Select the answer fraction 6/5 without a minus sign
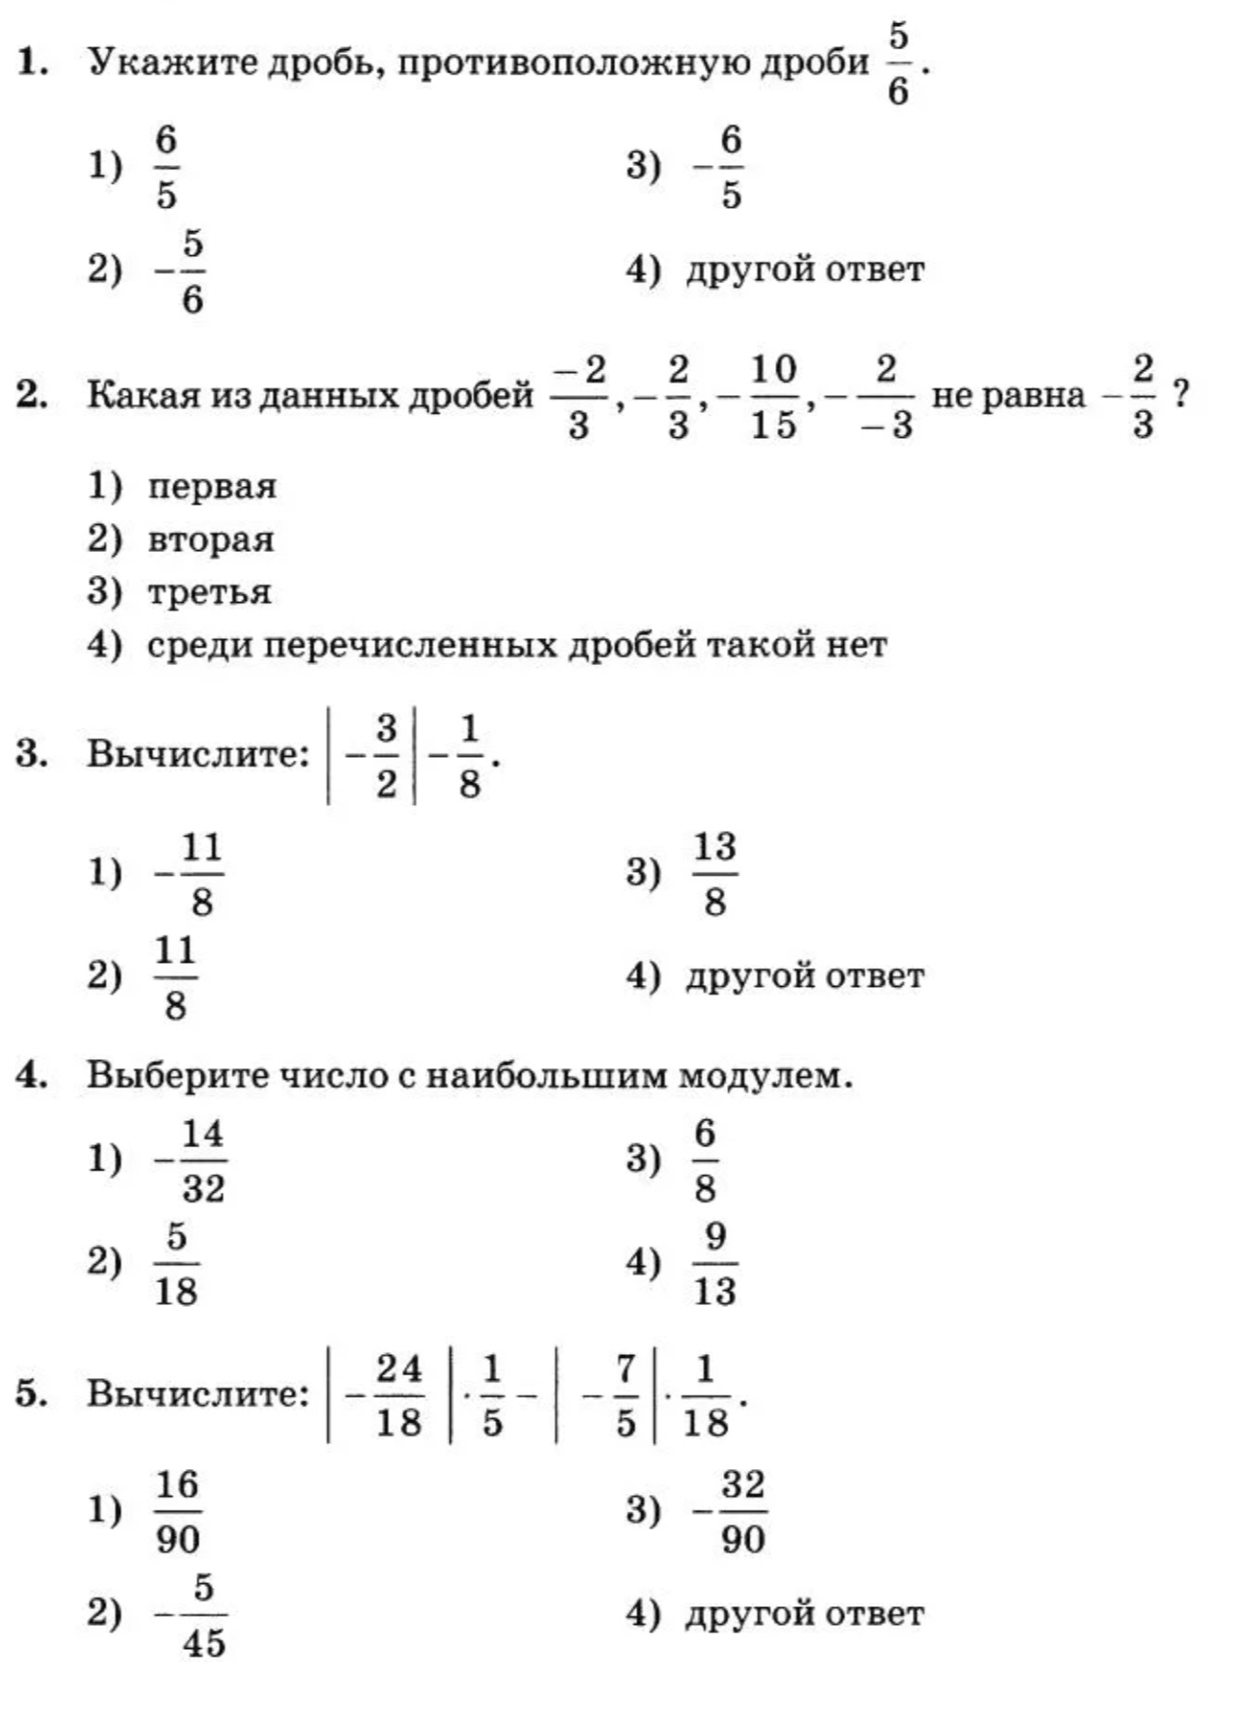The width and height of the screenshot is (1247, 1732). (x=166, y=167)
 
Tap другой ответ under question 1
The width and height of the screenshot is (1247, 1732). (x=804, y=270)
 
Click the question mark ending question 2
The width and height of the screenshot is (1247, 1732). (x=1180, y=394)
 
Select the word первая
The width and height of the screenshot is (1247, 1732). (x=212, y=485)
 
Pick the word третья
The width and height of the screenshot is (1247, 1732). (x=209, y=592)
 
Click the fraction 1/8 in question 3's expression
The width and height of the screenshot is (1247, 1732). (x=469, y=757)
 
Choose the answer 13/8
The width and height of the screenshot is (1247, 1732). (x=714, y=874)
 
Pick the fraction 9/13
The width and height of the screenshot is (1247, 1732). (x=714, y=1263)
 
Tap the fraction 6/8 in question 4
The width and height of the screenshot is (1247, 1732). (x=705, y=1160)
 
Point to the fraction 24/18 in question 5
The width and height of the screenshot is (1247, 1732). (x=398, y=1396)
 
